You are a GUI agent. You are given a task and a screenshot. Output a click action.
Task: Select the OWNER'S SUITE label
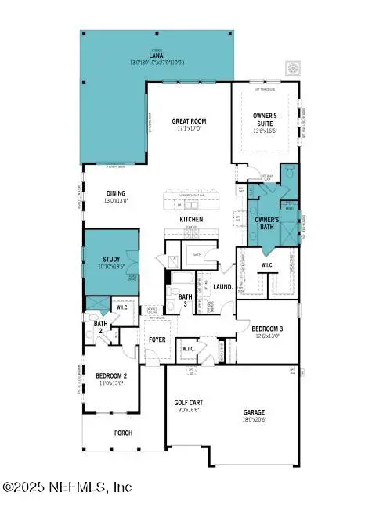coord(265,120)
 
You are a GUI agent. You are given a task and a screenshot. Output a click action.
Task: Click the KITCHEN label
coord(191,220)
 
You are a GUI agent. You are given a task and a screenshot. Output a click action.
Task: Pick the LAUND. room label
coord(222,288)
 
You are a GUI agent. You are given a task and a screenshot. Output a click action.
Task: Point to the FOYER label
coord(157,340)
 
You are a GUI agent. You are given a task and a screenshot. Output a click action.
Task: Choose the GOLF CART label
coord(188,403)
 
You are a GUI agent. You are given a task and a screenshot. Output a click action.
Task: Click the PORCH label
coord(123,433)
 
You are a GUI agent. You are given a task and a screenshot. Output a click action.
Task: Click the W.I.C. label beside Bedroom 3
coord(267,266)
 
